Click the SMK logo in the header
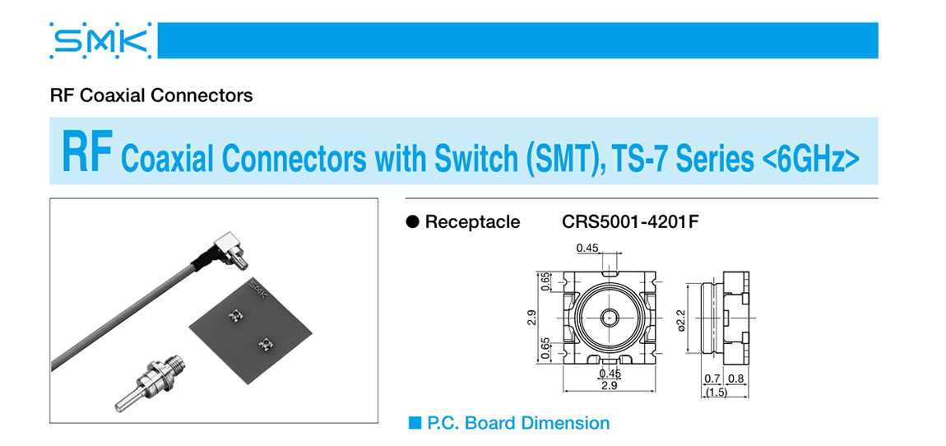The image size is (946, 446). click(100, 39)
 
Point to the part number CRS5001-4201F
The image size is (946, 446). click(631, 222)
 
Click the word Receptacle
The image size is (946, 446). click(472, 222)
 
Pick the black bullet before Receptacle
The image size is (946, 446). click(413, 222)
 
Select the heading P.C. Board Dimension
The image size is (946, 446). click(518, 424)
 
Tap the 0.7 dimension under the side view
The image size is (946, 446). click(712, 379)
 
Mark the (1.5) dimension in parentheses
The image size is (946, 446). click(716, 392)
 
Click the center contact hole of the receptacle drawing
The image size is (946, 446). click(610, 317)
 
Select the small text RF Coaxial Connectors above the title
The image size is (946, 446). click(151, 95)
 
